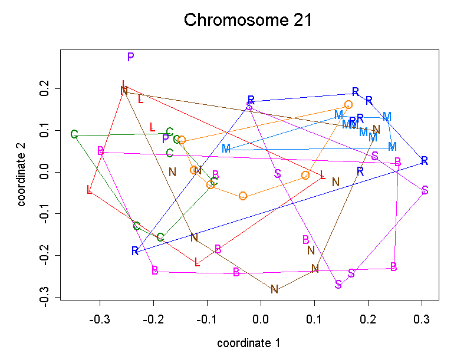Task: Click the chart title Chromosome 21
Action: (248, 20)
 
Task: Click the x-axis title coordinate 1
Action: (248, 343)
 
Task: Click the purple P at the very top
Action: (131, 57)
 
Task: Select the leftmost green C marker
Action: (74, 134)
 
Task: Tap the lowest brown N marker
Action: (274, 289)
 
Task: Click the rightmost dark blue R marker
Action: (424, 161)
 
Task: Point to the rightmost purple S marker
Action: (425, 190)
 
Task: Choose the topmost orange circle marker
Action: (348, 105)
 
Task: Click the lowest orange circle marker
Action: (243, 196)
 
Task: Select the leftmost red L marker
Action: (90, 190)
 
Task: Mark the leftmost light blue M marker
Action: (226, 148)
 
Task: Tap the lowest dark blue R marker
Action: (135, 251)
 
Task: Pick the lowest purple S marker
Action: (338, 285)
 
